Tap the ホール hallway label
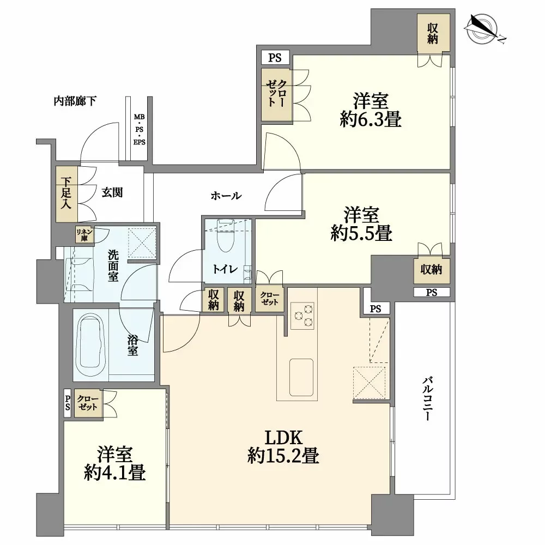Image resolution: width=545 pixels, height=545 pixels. (226, 196)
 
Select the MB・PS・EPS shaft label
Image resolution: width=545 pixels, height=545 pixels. (140, 130)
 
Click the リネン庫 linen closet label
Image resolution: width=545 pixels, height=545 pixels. (86, 234)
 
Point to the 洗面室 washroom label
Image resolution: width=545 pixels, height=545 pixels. (113, 265)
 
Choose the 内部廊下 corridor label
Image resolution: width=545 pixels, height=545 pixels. (75, 101)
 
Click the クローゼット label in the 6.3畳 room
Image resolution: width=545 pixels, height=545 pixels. (276, 94)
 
